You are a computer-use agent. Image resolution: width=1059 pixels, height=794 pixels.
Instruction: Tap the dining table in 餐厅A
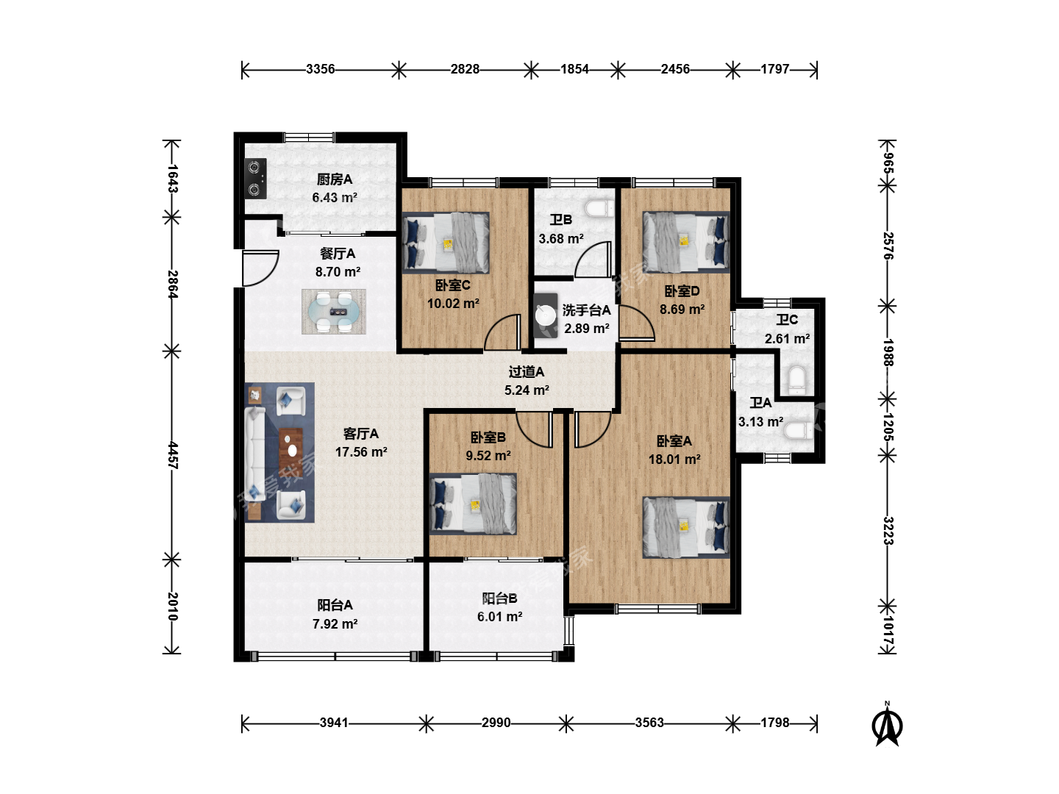[x=334, y=312]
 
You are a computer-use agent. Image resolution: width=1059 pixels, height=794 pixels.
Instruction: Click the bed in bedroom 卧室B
[x=473, y=504]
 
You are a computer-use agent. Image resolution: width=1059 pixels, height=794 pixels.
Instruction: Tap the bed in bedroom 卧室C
[x=446, y=243]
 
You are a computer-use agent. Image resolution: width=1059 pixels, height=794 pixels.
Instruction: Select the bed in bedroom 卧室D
[x=686, y=243]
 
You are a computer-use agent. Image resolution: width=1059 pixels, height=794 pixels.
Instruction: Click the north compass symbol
[x=887, y=725]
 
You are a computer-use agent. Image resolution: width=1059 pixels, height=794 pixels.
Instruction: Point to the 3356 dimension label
[x=321, y=69]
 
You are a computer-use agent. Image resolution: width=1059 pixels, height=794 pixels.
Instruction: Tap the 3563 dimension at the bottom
[x=649, y=723]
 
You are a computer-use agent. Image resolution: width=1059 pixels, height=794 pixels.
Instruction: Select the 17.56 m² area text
[x=361, y=452]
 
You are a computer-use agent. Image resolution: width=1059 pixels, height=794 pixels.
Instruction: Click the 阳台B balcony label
[x=500, y=598]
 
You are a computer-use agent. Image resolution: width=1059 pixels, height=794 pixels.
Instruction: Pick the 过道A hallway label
[x=527, y=372]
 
